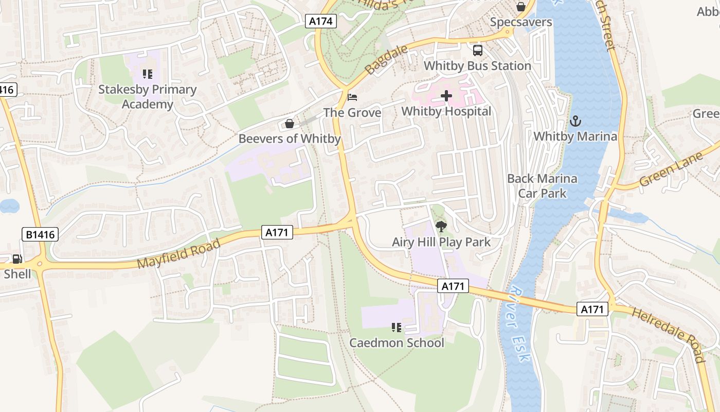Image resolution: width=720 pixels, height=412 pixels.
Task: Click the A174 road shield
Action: (321, 21)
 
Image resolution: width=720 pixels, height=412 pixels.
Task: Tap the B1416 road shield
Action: (41, 235)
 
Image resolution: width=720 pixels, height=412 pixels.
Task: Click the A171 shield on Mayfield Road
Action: (277, 232)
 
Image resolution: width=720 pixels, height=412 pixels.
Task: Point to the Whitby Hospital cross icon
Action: (446, 96)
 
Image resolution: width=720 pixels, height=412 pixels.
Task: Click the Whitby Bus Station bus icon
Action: (478, 50)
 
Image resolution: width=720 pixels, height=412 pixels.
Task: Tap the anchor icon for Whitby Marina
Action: (575, 122)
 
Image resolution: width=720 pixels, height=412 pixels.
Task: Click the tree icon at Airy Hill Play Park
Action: (441, 226)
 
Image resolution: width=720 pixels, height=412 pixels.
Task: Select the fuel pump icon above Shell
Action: (17, 259)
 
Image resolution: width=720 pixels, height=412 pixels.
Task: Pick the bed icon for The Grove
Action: (352, 97)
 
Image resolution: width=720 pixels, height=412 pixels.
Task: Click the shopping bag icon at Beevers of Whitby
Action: (289, 124)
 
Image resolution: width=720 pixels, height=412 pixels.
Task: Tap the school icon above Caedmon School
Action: (396, 327)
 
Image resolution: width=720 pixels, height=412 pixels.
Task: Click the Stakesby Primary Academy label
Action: (148, 97)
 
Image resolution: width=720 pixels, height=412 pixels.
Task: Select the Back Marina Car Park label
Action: (542, 186)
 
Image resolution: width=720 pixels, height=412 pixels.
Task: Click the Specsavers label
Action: (521, 22)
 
